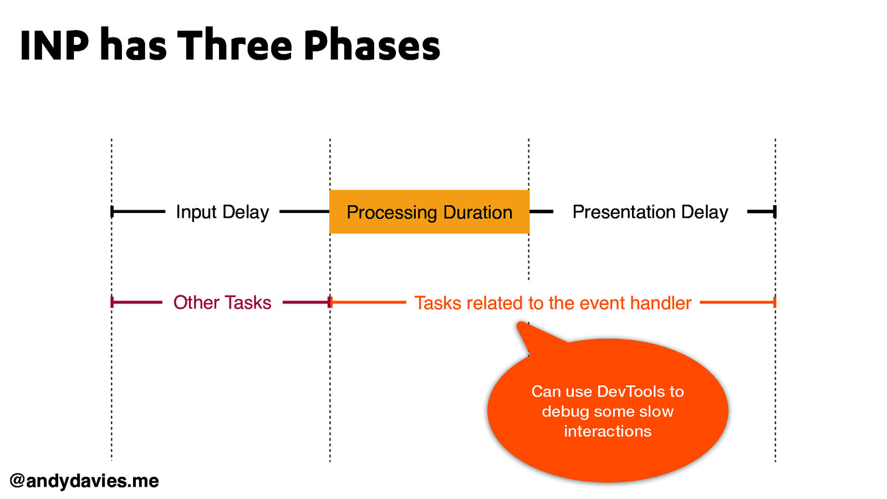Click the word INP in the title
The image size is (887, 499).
pyautogui.click(x=54, y=45)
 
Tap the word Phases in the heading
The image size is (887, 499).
pyautogui.click(x=371, y=45)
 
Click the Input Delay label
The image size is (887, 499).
pyautogui.click(x=222, y=212)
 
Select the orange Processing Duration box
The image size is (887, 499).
pyautogui.click(x=429, y=212)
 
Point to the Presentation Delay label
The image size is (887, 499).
pyautogui.click(x=650, y=212)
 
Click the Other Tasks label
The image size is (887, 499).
pyautogui.click(x=222, y=303)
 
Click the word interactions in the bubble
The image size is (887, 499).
pyautogui.click(x=608, y=431)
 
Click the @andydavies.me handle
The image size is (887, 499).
pyautogui.click(x=84, y=481)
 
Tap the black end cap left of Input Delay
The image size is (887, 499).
pyautogui.click(x=112, y=211)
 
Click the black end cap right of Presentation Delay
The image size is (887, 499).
pyautogui.click(x=774, y=211)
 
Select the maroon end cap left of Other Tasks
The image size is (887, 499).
pyautogui.click(x=112, y=302)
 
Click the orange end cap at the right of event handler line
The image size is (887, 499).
pyautogui.click(x=774, y=302)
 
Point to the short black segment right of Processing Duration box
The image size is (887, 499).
pyautogui.click(x=542, y=211)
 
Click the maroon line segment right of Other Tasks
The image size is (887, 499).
pyautogui.click(x=305, y=302)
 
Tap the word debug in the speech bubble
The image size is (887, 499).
pyautogui.click(x=565, y=411)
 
